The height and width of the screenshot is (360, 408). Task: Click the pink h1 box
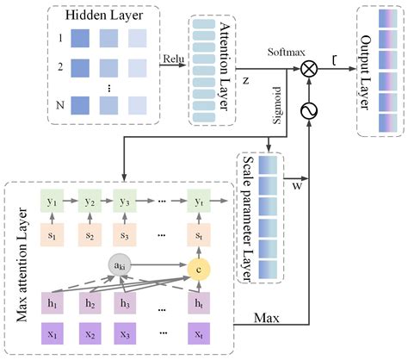tap(50, 303)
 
